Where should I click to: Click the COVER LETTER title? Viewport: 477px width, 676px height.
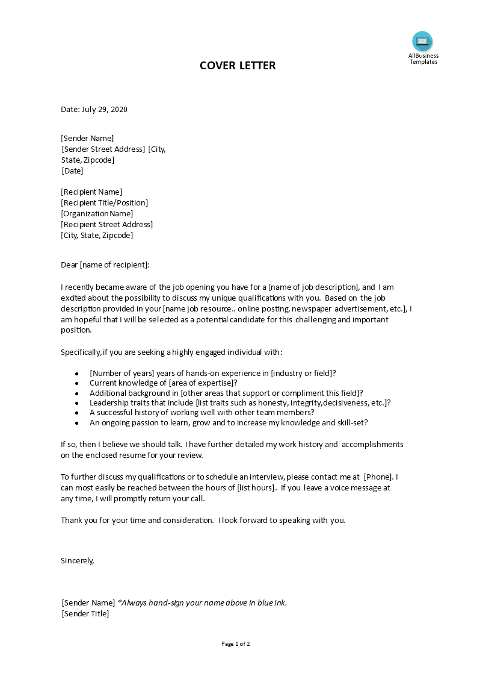pyautogui.click(x=238, y=66)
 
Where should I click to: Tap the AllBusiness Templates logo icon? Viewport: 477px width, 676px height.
pyautogui.click(x=422, y=41)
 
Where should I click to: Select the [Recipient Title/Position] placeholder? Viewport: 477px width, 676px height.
pyautogui.click(x=104, y=203)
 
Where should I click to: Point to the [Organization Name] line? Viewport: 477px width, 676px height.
pyautogui.click(x=97, y=214)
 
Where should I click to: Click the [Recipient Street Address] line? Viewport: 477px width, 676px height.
pyautogui.click(x=106, y=225)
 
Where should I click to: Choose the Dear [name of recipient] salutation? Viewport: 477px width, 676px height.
pyautogui.click(x=105, y=264)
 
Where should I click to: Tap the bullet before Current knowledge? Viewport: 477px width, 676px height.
pyautogui.click(x=77, y=383)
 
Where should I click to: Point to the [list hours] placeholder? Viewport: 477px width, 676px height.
pyautogui.click(x=257, y=487)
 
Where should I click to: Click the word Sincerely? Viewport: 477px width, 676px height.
pyautogui.click(x=78, y=560)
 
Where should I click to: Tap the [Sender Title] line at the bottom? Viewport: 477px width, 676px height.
pyautogui.click(x=85, y=614)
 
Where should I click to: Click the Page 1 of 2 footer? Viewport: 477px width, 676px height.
pyautogui.click(x=236, y=643)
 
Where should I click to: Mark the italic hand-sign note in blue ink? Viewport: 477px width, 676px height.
pyautogui.click(x=202, y=603)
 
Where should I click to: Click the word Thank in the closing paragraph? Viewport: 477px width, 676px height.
pyautogui.click(x=71, y=520)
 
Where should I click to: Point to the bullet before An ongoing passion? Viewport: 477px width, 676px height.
pyautogui.click(x=77, y=423)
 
